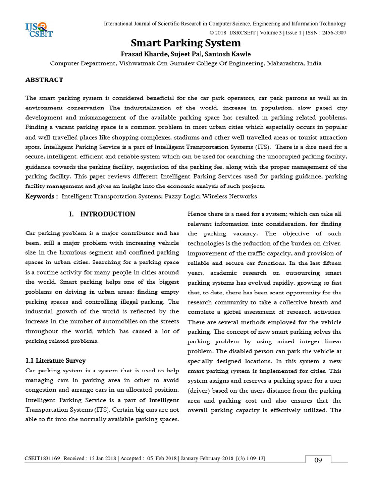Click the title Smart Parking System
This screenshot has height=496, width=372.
pos(186,43)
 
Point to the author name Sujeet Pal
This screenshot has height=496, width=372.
pos(186,54)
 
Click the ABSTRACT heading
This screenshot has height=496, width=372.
pos(44,79)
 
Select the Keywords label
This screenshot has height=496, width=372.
pos(41,196)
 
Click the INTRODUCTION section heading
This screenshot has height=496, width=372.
pos(102,214)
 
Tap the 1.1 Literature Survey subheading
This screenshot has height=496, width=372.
pos(55,360)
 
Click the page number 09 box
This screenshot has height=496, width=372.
pos(318,460)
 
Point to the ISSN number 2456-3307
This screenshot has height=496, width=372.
pos(332,32)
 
